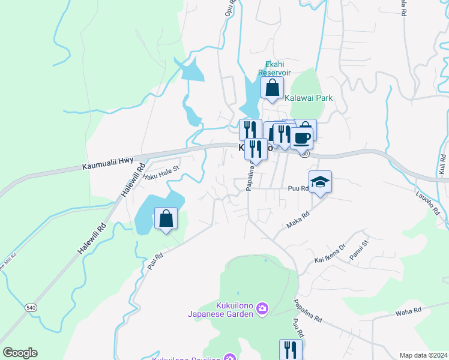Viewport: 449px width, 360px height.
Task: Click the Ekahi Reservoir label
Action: (x=274, y=68)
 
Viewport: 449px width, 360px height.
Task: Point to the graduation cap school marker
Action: (x=320, y=182)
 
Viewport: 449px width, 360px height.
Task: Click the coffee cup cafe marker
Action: (x=301, y=137)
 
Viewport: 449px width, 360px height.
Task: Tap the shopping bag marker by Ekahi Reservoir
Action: (x=272, y=87)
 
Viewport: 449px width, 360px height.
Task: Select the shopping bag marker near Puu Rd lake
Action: (x=166, y=218)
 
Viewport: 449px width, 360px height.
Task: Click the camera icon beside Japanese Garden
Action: (x=262, y=309)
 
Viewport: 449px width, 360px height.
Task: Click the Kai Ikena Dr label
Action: (x=330, y=254)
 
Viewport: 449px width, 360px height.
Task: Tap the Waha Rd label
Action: (x=409, y=311)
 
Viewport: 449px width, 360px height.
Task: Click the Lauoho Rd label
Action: (x=428, y=203)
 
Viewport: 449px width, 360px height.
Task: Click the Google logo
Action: (x=20, y=353)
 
